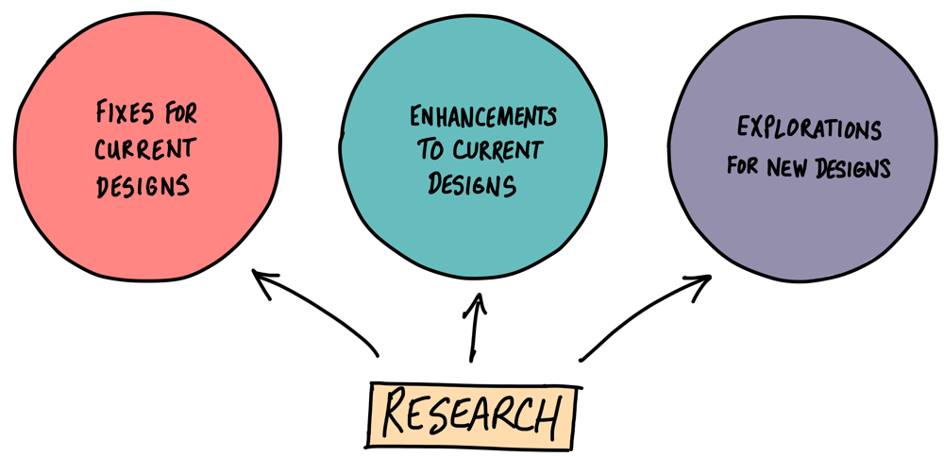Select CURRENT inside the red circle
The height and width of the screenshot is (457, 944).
click(144, 149)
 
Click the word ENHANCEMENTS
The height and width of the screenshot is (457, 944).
click(482, 118)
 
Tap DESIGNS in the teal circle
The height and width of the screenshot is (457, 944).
click(472, 183)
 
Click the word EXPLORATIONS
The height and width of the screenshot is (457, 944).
click(809, 127)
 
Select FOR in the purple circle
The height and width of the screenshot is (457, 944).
click(745, 167)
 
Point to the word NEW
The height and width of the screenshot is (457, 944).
click(790, 167)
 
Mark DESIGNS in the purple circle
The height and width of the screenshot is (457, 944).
click(854, 167)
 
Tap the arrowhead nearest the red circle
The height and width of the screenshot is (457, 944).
click(264, 280)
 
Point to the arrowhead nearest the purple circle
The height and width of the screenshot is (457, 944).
click(698, 282)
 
